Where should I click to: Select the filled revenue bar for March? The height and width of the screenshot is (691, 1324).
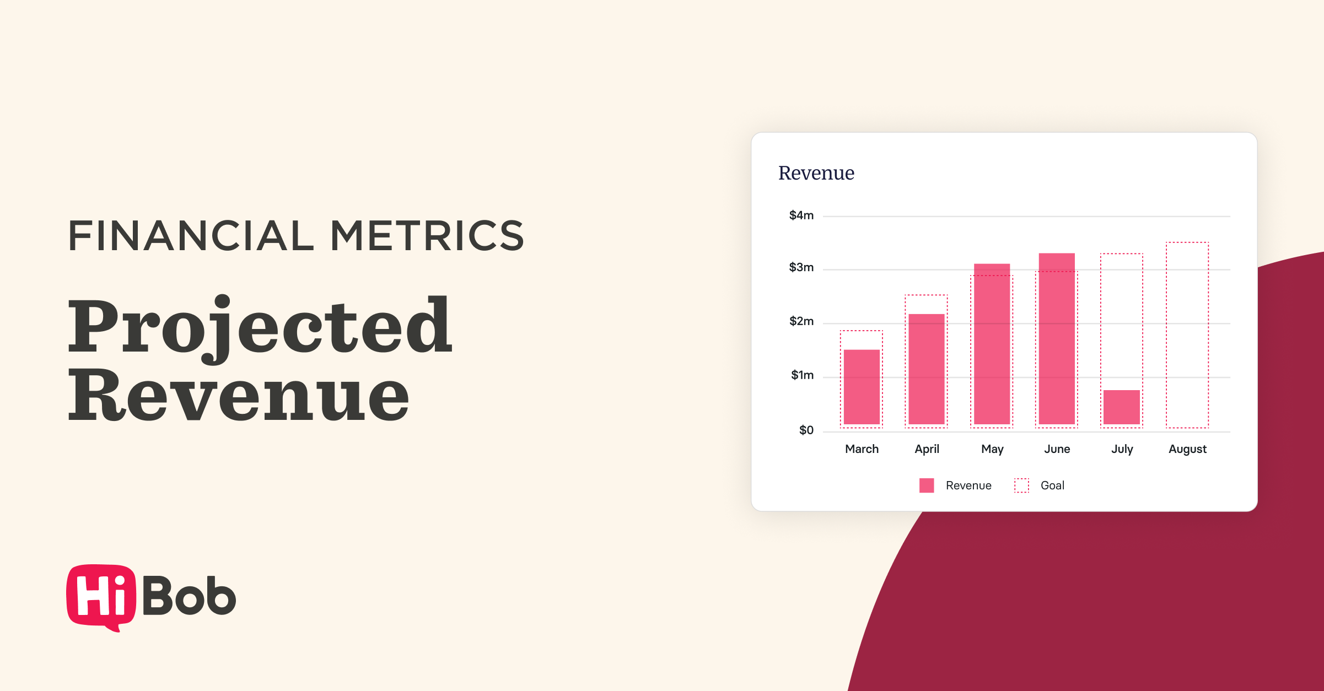pyautogui.click(x=862, y=387)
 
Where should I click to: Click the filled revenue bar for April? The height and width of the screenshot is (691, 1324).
pyautogui.click(x=927, y=369)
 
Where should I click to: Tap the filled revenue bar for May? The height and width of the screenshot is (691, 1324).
pyautogui.click(x=992, y=344)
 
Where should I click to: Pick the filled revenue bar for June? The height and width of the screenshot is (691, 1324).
pyautogui.click(x=1057, y=338)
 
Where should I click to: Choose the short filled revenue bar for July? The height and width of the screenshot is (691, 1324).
pyautogui.click(x=1122, y=407)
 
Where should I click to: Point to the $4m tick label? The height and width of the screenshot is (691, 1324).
pyautogui.click(x=801, y=215)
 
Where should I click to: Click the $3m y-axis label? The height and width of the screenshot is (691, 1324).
pyautogui.click(x=801, y=268)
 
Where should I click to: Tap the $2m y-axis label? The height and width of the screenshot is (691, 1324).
pyautogui.click(x=801, y=321)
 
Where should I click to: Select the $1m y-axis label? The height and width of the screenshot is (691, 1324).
pyautogui.click(x=802, y=375)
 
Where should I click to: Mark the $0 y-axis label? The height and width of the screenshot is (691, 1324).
pyautogui.click(x=806, y=430)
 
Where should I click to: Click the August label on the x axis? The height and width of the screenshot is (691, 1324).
pyautogui.click(x=1187, y=449)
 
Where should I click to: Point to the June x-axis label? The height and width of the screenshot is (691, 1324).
pyautogui.click(x=1057, y=449)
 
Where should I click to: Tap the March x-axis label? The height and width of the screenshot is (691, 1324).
pyautogui.click(x=862, y=449)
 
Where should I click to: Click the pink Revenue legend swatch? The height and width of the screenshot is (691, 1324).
pyautogui.click(x=927, y=485)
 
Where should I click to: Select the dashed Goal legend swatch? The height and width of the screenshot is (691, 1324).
pyautogui.click(x=1021, y=485)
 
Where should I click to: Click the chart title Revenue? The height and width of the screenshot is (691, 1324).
pyautogui.click(x=816, y=173)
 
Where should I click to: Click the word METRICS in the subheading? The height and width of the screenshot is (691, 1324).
pyautogui.click(x=427, y=236)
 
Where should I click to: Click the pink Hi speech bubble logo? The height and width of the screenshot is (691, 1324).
pyautogui.click(x=101, y=597)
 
